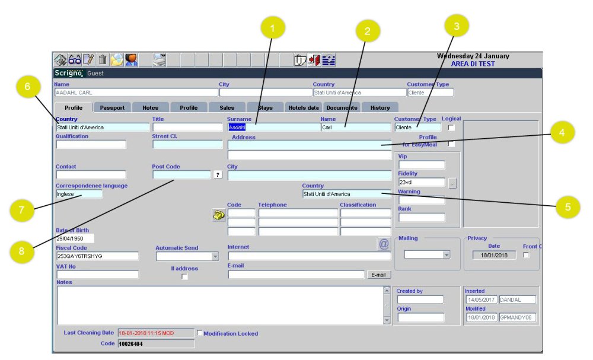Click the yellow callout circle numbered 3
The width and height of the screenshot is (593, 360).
457,26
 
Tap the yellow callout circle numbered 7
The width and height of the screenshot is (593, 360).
22,210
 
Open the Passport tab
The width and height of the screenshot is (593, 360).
112,108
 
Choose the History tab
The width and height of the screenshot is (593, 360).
380,108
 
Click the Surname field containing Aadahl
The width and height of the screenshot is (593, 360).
273,127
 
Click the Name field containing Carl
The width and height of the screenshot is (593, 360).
355,127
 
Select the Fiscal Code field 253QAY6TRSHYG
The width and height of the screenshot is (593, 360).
97,256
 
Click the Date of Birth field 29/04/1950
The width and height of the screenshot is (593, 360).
75,238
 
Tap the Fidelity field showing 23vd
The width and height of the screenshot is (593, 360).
422,183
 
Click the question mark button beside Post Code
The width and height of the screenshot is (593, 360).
218,175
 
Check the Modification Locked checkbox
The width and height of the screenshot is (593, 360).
199,333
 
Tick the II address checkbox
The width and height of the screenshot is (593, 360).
184,277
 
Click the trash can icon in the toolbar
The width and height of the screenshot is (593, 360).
103,59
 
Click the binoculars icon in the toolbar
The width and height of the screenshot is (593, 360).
75,59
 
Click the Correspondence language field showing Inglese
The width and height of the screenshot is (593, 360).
79,194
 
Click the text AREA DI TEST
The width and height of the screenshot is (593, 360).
473,64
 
